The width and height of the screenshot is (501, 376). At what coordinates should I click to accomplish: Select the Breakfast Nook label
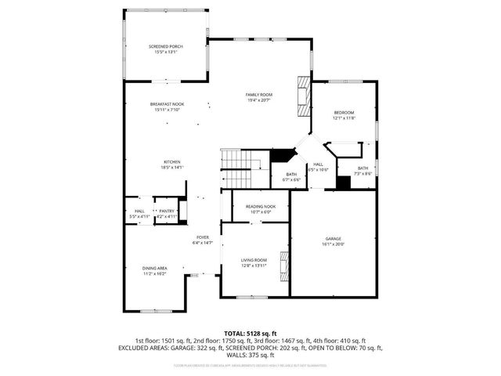[167, 104]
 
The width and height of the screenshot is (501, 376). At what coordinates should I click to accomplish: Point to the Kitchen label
[172, 162]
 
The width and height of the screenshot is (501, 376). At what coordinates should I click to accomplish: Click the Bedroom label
[344, 113]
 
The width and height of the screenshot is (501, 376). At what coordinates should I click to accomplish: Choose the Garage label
[333, 238]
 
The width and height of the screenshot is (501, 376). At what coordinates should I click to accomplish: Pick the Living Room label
[254, 259]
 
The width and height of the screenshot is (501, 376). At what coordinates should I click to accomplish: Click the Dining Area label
[154, 268]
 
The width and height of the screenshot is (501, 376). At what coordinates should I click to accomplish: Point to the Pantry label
[167, 211]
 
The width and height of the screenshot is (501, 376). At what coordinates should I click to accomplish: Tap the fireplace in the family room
[302, 96]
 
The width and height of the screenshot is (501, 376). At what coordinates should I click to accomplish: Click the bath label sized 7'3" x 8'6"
[363, 168]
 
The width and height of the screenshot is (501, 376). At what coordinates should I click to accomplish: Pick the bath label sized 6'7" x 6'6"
[291, 174]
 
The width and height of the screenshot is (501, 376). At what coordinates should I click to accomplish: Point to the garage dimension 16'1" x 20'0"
[333, 244]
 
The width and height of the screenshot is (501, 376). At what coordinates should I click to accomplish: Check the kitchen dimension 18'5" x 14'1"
[172, 168]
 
